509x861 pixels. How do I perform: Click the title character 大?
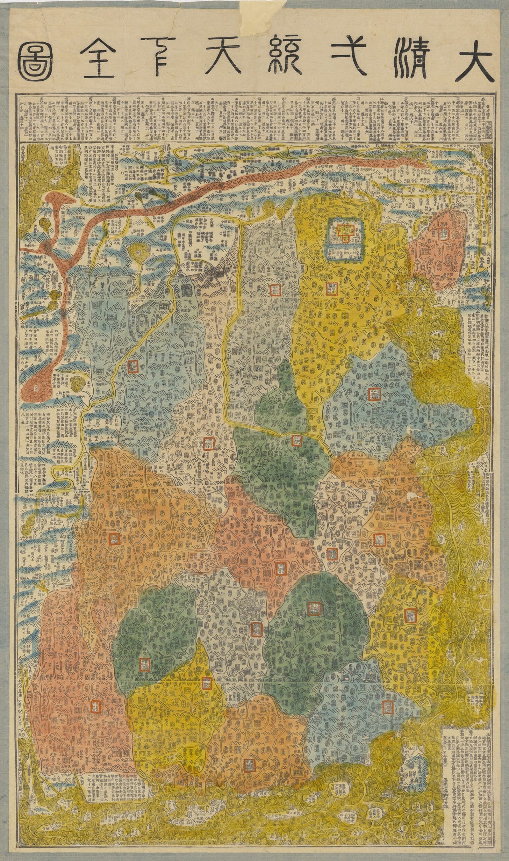click(471, 61)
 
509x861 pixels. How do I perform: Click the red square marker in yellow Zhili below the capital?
click(331, 289)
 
